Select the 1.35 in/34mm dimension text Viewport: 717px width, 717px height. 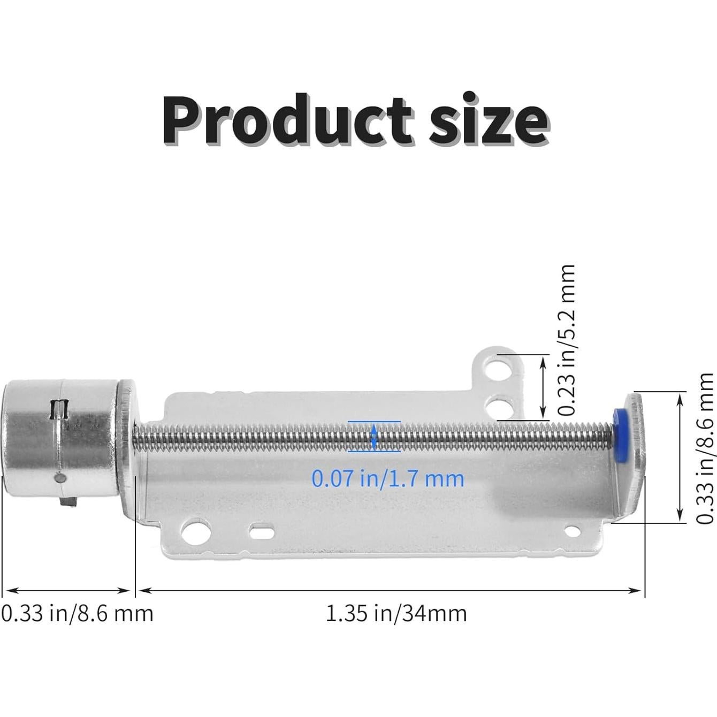click(x=396, y=613)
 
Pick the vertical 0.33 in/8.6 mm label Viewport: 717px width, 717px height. click(x=705, y=448)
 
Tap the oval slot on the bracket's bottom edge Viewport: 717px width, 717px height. click(x=262, y=532)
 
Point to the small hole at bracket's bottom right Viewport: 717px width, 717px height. click(x=573, y=531)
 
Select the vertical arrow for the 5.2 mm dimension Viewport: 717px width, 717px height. click(x=543, y=387)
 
